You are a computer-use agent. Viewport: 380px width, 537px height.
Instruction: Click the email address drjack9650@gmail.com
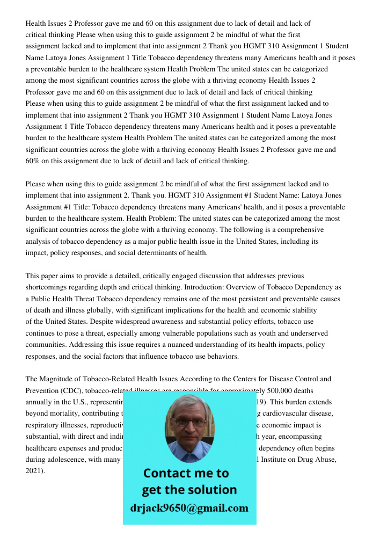[189, 508]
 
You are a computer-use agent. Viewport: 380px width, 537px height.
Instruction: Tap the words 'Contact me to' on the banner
[186, 473]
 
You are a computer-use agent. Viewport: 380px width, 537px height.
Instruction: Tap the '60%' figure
[33, 161]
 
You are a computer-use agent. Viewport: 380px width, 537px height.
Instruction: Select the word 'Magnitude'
[56, 379]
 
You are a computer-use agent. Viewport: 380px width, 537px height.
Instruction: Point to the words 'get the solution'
[189, 490]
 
